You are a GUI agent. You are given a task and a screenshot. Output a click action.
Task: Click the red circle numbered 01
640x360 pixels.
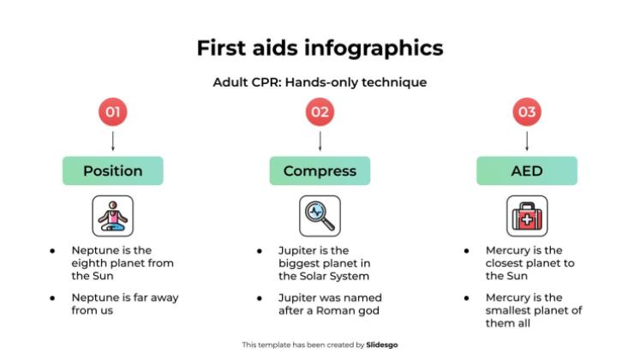tap(113, 112)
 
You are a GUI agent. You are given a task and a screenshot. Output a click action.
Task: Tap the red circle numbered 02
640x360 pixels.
tap(320, 112)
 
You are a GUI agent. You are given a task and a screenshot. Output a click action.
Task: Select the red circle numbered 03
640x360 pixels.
tap(527, 112)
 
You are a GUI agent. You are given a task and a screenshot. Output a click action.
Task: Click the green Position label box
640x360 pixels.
tap(113, 171)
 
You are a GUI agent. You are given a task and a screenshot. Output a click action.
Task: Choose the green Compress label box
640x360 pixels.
tap(320, 171)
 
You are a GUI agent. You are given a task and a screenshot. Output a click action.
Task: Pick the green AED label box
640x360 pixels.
tap(527, 171)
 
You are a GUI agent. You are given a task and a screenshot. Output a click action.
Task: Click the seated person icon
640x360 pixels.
tap(113, 216)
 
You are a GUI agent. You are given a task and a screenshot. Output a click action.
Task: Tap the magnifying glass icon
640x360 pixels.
tap(320, 216)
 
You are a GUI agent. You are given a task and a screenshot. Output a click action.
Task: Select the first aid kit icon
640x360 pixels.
tap(527, 216)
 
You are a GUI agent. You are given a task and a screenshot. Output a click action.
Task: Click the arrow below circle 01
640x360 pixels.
tap(113, 141)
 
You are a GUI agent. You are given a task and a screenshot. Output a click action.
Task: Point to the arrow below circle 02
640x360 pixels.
tap(320, 141)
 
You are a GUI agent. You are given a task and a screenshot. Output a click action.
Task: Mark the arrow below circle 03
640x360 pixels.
tap(527, 141)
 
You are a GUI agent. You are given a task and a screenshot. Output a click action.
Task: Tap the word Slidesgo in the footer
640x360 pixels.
tap(381, 345)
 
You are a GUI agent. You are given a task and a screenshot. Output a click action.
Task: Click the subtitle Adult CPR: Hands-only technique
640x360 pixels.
tap(320, 83)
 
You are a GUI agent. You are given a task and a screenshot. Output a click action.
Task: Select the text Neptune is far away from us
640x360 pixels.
tap(124, 304)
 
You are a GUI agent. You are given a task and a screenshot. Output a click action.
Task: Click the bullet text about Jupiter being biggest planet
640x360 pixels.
tap(324, 263)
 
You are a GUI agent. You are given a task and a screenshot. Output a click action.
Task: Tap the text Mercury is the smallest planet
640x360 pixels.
tap(533, 310)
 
